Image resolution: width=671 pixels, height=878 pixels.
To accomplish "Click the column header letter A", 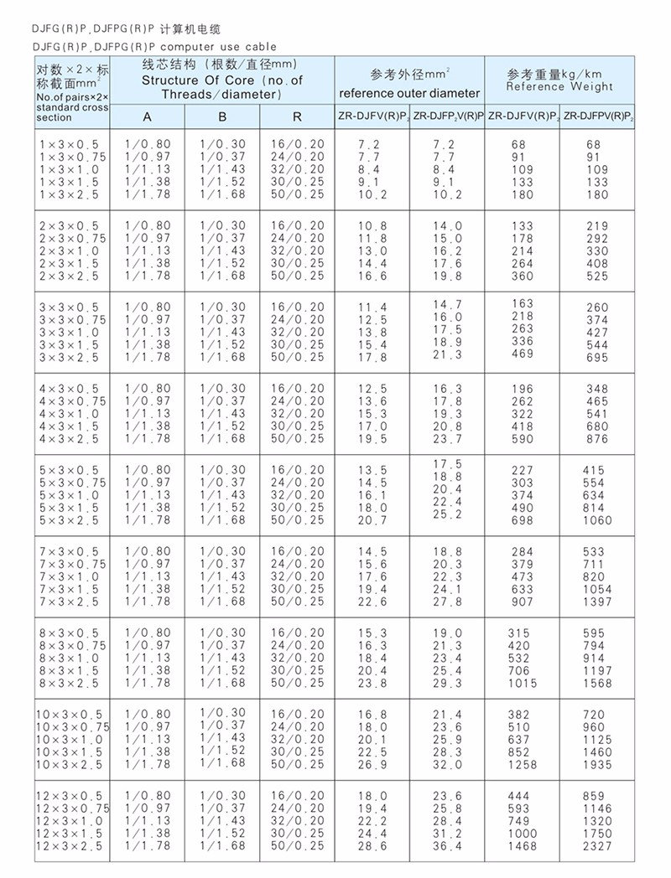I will tap(147, 117).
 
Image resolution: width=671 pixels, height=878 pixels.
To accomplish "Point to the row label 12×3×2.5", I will tap(72, 846).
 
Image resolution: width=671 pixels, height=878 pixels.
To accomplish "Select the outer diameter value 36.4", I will tap(447, 847).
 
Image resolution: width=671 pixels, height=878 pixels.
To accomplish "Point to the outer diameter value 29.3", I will tap(447, 684).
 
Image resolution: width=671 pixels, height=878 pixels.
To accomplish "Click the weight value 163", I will tap(522, 303).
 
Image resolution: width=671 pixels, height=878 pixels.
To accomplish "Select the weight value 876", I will tap(597, 439).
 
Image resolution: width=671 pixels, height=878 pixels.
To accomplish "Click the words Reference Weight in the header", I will tap(559, 86).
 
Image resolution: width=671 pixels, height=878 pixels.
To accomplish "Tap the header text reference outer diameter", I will tap(409, 93).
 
